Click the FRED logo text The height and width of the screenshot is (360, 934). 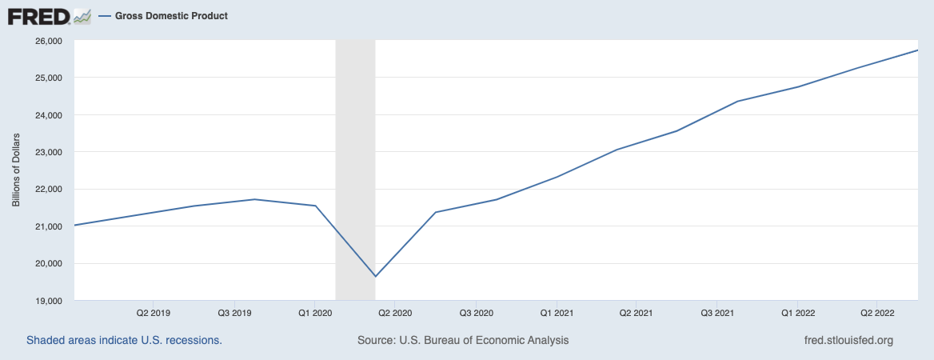tap(40, 16)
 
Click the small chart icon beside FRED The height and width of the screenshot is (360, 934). tap(82, 17)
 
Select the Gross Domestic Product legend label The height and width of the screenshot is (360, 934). tap(172, 16)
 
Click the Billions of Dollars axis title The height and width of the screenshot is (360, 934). tap(16, 170)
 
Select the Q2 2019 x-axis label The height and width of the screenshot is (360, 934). tap(154, 313)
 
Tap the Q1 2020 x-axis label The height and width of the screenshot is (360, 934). tap(314, 313)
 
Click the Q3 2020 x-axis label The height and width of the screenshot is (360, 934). tap(476, 313)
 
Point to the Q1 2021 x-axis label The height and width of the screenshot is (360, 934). tap(557, 313)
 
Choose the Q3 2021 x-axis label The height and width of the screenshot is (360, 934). tap(717, 313)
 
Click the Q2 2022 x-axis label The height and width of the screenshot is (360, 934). tap(876, 313)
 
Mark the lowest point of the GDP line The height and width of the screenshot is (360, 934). tap(375, 277)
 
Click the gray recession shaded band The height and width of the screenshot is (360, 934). tap(356, 170)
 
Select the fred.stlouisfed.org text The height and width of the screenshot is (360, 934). tap(848, 340)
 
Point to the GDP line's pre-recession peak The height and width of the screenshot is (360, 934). tap(254, 199)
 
